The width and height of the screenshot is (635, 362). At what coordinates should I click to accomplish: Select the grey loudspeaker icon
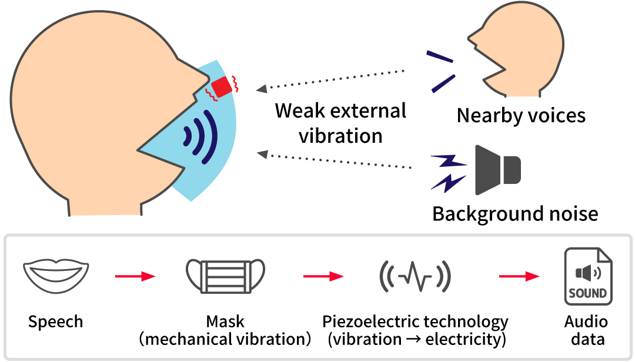[x=497, y=170]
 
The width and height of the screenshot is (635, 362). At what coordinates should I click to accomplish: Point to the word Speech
[x=56, y=321]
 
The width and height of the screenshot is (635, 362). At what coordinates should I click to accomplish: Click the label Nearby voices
[x=521, y=116]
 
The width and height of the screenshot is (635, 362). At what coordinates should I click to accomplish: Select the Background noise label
[x=515, y=213]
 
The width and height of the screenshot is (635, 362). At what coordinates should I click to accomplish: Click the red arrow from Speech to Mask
[x=135, y=276]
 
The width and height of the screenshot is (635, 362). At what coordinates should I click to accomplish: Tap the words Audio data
[x=586, y=330]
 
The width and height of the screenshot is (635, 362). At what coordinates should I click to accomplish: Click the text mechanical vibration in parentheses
[x=225, y=339]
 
